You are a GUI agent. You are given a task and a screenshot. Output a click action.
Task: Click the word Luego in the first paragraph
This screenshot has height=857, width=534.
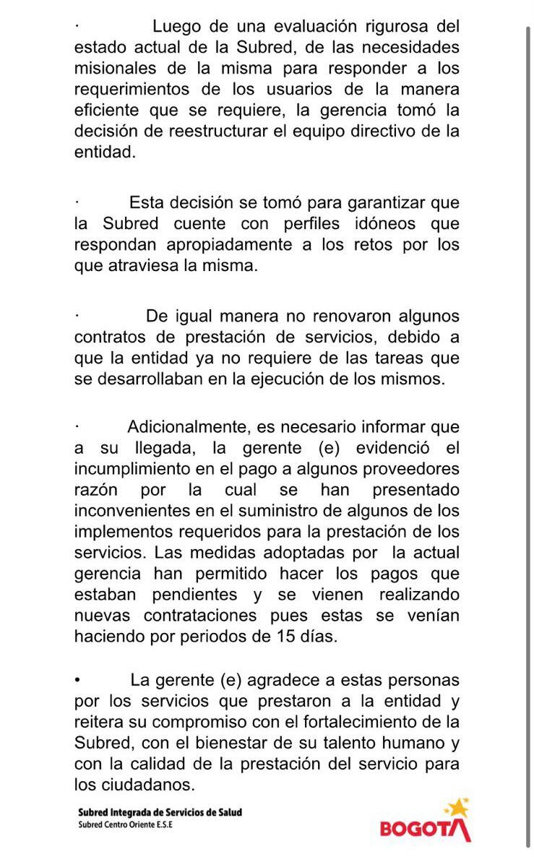176,27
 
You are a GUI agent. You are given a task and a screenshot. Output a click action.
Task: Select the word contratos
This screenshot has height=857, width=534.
110,337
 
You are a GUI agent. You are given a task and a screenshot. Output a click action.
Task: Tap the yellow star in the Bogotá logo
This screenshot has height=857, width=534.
458,808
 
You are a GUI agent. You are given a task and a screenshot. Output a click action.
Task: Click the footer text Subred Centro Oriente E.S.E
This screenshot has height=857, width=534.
126,824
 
